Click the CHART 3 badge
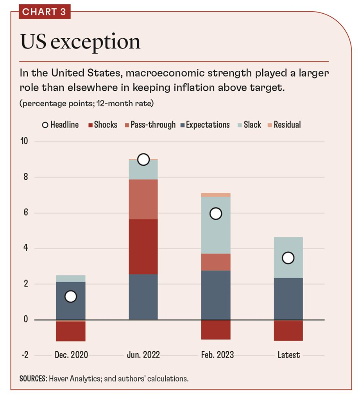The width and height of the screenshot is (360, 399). [44, 12]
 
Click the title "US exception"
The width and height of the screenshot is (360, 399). [80, 41]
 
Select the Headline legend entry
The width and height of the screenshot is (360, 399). [60, 125]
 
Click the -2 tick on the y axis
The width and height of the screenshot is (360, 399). [25, 355]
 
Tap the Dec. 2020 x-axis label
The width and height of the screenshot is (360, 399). [71, 355]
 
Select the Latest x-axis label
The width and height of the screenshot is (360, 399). [288, 355]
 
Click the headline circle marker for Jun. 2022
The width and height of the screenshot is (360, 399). [143, 159]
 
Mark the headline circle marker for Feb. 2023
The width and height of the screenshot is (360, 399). [216, 213]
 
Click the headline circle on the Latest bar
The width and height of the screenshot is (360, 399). [288, 258]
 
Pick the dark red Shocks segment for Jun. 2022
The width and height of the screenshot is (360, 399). [143, 247]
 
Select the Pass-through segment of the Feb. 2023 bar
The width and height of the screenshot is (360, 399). [216, 262]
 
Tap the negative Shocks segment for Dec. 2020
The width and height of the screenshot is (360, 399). [71, 331]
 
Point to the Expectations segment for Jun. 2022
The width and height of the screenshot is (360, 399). [143, 297]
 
